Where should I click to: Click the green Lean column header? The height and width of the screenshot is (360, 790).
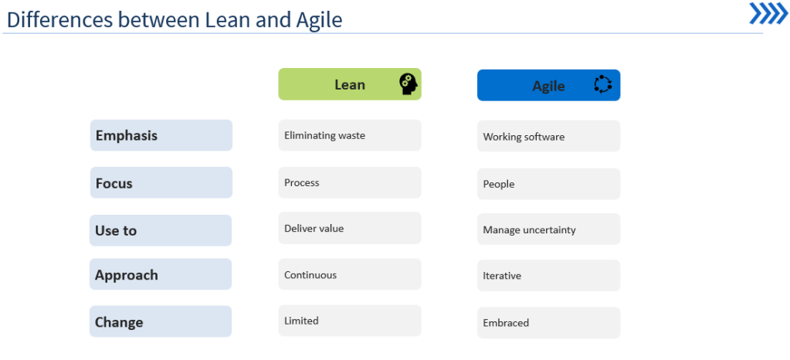pos(350,84)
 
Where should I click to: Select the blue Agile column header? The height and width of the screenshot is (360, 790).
pos(548,85)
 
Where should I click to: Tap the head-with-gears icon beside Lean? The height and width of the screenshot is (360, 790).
pos(409,84)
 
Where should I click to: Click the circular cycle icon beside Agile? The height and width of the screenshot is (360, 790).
pos(602,84)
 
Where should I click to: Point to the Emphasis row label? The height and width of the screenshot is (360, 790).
pos(161,135)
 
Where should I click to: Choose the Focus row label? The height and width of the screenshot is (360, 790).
pos(161,182)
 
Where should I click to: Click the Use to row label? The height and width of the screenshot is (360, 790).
pos(161,230)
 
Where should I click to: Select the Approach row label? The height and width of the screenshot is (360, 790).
pos(161,274)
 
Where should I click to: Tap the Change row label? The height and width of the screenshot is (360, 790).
pos(161,321)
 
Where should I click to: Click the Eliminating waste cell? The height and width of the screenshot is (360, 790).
pos(350,135)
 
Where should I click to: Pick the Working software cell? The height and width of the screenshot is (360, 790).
pos(548,136)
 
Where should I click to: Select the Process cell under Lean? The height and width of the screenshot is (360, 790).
pos(350,182)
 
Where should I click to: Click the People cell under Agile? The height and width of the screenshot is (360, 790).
pos(548,184)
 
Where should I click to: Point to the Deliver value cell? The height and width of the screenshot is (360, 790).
pos(350,228)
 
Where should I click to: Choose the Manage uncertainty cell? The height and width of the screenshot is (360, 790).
pos(548,229)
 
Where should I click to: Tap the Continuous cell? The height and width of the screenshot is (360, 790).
pos(350,274)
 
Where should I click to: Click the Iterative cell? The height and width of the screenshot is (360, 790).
pos(548,275)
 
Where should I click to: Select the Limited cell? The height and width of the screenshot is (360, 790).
pos(350,321)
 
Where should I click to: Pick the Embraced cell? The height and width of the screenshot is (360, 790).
pos(548,323)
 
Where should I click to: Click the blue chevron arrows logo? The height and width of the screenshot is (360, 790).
pos(768,13)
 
